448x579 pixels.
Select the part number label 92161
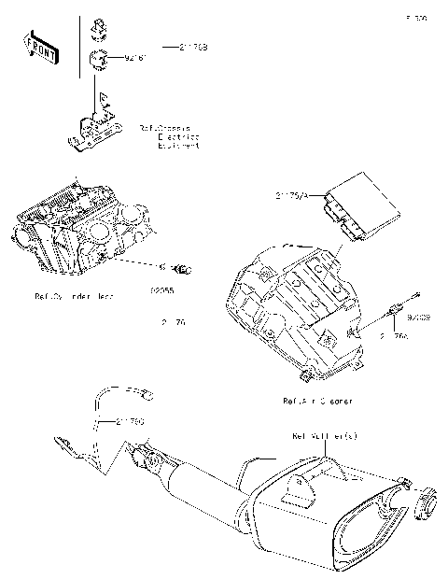click(137, 59)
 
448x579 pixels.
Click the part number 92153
click(418, 318)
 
